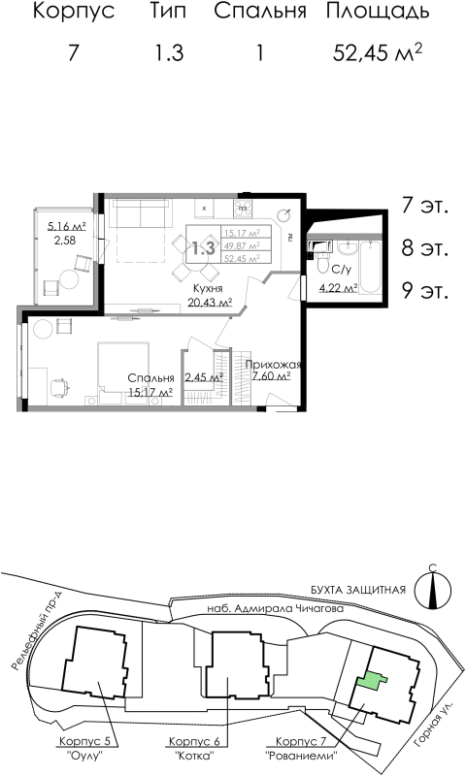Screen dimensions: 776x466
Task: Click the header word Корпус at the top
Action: coord(74,13)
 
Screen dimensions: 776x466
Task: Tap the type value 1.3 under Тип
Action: coord(168,53)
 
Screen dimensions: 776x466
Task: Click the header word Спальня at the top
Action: coord(260,13)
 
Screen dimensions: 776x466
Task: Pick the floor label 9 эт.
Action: coord(425,290)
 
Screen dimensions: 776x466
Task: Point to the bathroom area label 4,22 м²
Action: coord(339,286)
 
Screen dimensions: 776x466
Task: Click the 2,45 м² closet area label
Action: coord(204,377)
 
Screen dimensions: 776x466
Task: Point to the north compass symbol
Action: coord(432,587)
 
